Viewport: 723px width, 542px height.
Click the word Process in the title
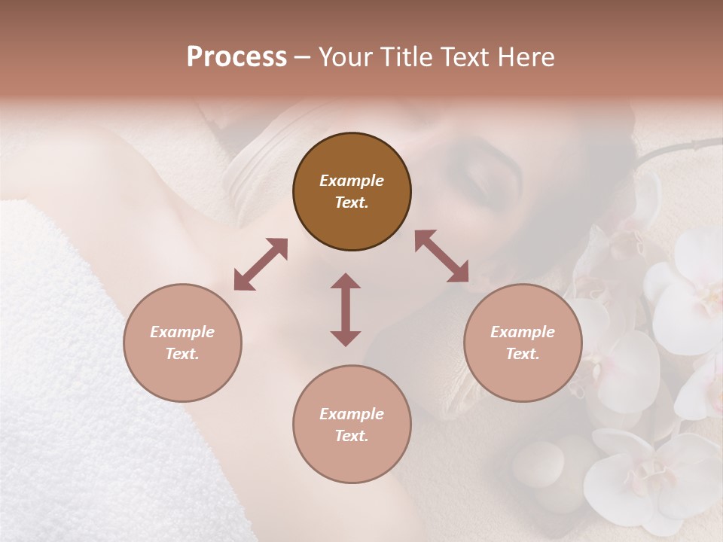click(x=236, y=57)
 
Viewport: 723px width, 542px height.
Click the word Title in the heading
click(x=403, y=57)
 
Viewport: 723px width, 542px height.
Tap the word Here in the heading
click(x=526, y=57)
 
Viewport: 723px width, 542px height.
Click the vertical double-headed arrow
click(x=346, y=309)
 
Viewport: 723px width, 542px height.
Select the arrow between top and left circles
click(x=261, y=264)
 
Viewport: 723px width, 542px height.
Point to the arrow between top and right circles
click(x=442, y=256)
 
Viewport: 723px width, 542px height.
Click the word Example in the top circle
click(x=352, y=181)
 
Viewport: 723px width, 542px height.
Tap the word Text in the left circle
click(x=182, y=354)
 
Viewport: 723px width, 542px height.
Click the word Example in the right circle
click(x=523, y=332)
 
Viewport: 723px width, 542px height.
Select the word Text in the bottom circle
click(x=352, y=436)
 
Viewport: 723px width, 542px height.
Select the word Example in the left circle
click(x=182, y=332)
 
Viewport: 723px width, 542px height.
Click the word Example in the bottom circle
click(x=352, y=414)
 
